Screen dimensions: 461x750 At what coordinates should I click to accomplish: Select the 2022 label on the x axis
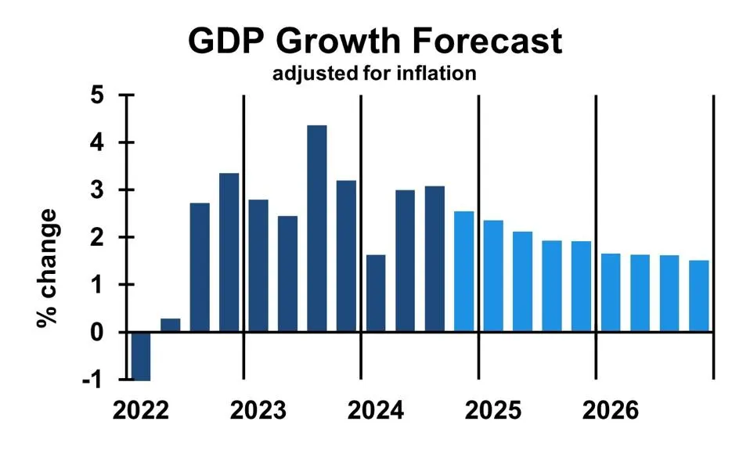coord(141,410)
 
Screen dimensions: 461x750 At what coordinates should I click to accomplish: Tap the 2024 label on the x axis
coord(376,410)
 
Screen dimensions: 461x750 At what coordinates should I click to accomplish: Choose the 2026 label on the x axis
coord(611,410)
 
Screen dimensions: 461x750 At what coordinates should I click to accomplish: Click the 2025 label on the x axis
coord(494,410)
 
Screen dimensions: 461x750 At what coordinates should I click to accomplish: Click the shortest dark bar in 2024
coord(376,293)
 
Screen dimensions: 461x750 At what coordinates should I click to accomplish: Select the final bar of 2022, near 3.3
coord(229,252)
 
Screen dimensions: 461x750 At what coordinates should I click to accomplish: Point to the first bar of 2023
coord(258,265)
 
